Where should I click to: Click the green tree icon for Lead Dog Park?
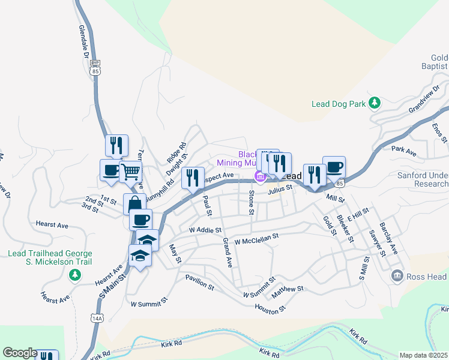click(x=375, y=103)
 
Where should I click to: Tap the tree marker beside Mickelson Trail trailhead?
click(x=75, y=275)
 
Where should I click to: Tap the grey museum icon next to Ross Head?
click(x=397, y=276)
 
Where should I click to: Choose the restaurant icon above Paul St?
click(x=193, y=177)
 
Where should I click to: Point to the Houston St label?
click(x=271, y=309)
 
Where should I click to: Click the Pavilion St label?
click(x=200, y=284)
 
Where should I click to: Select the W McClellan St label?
click(x=256, y=239)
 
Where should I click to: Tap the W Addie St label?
click(x=205, y=230)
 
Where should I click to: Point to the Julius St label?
click(x=280, y=188)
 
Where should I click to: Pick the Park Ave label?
click(x=403, y=151)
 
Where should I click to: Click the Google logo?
click(x=19, y=352)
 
